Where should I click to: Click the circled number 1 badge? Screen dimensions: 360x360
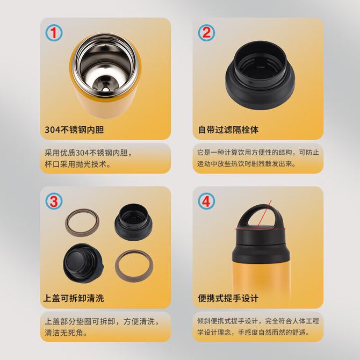tap(54, 33)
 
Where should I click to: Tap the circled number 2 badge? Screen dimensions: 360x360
tap(206, 33)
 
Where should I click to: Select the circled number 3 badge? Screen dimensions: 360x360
tap(54, 201)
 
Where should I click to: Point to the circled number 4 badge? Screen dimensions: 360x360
tap(206, 201)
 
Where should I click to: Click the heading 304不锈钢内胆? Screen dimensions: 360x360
tap(74, 129)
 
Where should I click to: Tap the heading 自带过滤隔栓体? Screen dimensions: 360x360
tap(228, 129)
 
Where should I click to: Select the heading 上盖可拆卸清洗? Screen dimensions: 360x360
tap(74, 298)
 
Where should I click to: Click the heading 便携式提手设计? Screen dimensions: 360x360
tap(228, 298)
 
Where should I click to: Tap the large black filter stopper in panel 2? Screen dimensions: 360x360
tap(260, 75)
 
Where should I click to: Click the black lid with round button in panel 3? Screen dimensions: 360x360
tap(83, 263)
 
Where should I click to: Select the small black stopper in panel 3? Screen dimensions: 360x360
tap(133, 222)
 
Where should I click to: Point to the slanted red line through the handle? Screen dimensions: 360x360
tap(264, 213)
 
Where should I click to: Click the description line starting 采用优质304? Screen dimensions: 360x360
tap(89, 153)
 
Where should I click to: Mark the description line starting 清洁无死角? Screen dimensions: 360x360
tap(66, 333)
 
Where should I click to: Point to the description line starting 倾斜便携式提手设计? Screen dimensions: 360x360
tap(258, 321)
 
